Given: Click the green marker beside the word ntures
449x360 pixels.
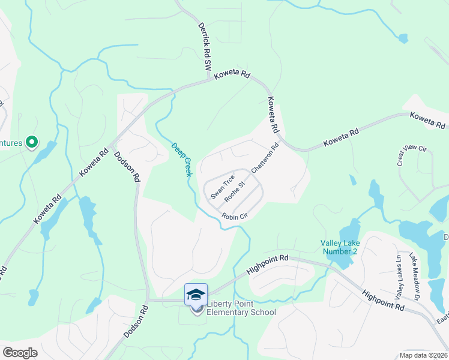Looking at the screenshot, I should (32, 143).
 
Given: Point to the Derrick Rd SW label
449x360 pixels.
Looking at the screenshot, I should (205, 45).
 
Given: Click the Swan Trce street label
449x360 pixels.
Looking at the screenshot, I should (221, 187).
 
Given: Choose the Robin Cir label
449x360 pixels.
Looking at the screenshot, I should (235, 216).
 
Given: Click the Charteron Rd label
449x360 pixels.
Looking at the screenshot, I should (265, 158).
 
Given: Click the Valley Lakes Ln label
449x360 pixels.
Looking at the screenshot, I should (397, 278).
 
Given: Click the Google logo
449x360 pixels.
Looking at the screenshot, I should (20, 352).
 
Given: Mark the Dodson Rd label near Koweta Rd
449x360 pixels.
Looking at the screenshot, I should (127, 166).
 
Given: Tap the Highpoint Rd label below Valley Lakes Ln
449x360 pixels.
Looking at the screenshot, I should (382, 299).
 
